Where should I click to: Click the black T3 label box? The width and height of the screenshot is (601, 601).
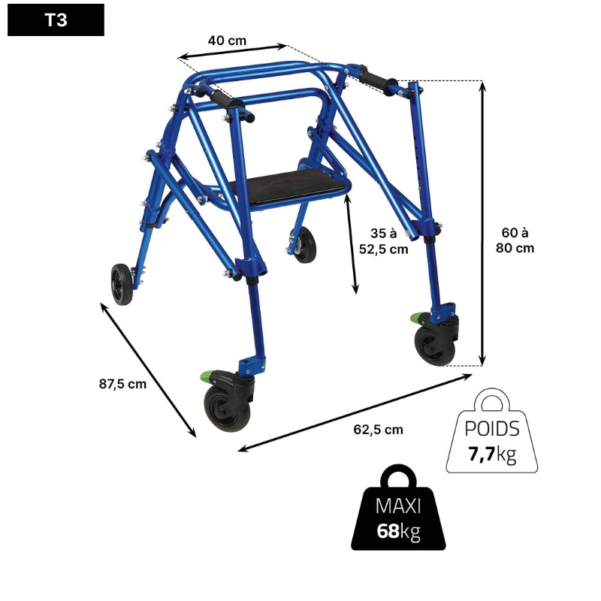click(x=56, y=20)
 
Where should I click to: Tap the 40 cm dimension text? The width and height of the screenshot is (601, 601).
click(x=227, y=41)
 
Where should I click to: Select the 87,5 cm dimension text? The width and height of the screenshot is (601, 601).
click(x=122, y=384)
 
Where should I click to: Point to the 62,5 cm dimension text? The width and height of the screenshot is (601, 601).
click(x=378, y=430)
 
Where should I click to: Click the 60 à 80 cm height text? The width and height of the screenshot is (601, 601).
click(x=515, y=240)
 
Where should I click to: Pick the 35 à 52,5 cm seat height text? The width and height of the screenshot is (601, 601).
click(x=383, y=241)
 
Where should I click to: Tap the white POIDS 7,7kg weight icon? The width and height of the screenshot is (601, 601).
click(x=492, y=430)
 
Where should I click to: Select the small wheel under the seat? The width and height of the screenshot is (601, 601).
click(x=304, y=244)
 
